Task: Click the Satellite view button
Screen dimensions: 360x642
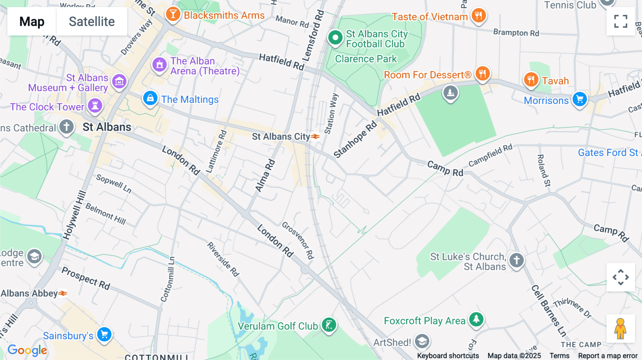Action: pyautogui.click(x=92, y=21)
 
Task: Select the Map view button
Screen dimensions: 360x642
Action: pyautogui.click(x=32, y=21)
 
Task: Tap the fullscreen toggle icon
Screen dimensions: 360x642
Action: pyautogui.click(x=621, y=21)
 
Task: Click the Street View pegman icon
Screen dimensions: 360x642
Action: pyautogui.click(x=621, y=328)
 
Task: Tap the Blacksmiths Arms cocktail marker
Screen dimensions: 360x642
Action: pyautogui.click(x=173, y=14)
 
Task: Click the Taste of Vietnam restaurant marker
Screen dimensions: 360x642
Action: pyautogui.click(x=479, y=16)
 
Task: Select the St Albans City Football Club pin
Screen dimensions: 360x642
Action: pyautogui.click(x=335, y=37)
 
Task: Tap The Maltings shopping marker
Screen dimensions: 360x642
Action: pyautogui.click(x=150, y=98)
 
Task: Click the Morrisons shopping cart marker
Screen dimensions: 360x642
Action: pyautogui.click(x=580, y=99)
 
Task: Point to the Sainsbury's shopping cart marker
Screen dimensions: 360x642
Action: pyautogui.click(x=105, y=334)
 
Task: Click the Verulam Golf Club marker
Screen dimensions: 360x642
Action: pyautogui.click(x=329, y=325)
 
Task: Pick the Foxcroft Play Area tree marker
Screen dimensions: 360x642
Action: pyautogui.click(x=476, y=319)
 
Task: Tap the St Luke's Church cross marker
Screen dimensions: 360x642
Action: pyautogui.click(x=516, y=260)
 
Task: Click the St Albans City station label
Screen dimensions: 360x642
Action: pyautogui.click(x=281, y=137)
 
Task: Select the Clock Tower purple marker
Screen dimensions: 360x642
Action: pyautogui.click(x=95, y=106)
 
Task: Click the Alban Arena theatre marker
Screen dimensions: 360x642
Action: pyautogui.click(x=159, y=65)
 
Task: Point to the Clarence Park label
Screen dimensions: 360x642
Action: pyautogui.click(x=366, y=59)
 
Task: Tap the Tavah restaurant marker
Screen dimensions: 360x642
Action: pyautogui.click(x=531, y=79)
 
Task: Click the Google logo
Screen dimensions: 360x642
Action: pyautogui.click(x=27, y=350)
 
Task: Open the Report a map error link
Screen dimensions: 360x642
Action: pyautogui.click(x=608, y=356)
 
